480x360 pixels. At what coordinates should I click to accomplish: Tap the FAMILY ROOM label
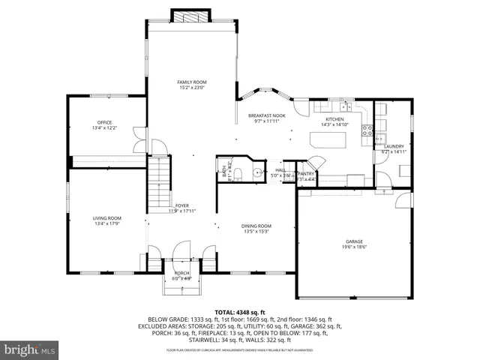[192, 82]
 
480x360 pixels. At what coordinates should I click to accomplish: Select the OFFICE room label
[104, 122]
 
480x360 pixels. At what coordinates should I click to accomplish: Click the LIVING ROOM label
[107, 218]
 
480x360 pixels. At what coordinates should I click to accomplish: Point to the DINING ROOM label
[256, 226]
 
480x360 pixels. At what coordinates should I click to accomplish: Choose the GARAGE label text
[355, 241]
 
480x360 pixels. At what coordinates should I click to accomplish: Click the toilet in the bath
[237, 174]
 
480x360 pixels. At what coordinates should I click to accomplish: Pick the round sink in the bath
[257, 172]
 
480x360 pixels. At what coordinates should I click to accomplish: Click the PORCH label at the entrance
[182, 273]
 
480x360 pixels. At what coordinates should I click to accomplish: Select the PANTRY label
[306, 174]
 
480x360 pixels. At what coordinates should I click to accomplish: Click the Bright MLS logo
[30, 349]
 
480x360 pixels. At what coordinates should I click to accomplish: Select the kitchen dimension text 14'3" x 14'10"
[334, 125]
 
